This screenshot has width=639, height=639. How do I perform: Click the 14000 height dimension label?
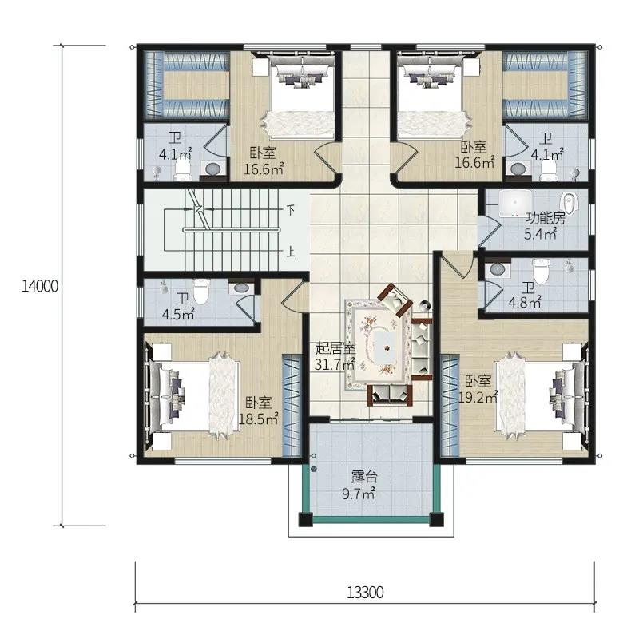(x=39, y=286)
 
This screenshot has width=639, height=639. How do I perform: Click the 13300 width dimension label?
(x=365, y=593)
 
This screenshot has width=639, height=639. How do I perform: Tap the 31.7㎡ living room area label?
(x=335, y=364)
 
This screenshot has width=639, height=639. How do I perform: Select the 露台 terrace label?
(x=364, y=477)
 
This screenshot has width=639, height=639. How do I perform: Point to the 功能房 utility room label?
(x=546, y=218)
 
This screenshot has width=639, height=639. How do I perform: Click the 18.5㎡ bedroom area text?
(x=258, y=419)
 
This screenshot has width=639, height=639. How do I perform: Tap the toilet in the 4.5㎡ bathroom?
(x=200, y=291)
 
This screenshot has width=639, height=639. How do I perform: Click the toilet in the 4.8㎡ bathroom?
(x=542, y=271)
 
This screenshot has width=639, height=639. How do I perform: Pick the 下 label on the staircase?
(x=290, y=211)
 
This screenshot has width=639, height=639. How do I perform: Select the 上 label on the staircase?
(x=290, y=252)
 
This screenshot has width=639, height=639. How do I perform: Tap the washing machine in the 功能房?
(x=514, y=203)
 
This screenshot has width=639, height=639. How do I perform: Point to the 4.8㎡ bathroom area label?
(x=525, y=303)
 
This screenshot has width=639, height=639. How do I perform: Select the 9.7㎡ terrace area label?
(x=358, y=494)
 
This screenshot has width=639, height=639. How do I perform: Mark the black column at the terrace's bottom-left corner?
(x=305, y=519)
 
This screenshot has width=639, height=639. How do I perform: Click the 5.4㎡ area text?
(x=540, y=234)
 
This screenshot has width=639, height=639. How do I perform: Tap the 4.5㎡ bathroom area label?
(x=178, y=315)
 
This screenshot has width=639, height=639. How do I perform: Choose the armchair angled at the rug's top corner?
(x=395, y=300)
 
